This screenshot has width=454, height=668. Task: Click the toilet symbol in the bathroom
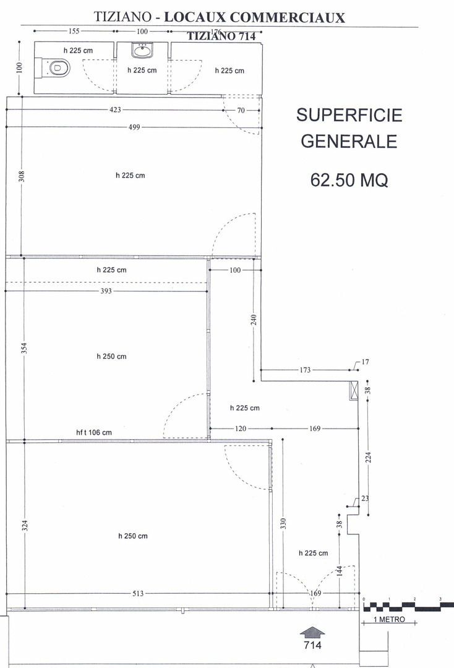click(56, 68)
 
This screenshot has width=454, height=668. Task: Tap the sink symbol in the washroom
click(142, 51)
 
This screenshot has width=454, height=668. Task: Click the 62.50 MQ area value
click(349, 180)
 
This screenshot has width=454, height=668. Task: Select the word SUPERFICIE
click(349, 115)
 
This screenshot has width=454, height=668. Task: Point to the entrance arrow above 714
click(312, 632)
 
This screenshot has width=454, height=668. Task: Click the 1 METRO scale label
click(389, 619)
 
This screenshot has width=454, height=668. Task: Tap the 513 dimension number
click(138, 593)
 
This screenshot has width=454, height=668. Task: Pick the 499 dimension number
click(134, 127)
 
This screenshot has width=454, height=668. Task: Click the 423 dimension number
click(116, 109)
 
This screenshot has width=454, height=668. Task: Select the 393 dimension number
click(106, 291)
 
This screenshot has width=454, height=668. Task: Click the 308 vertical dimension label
click(21, 176)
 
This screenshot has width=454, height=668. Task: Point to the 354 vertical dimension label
click(24, 348)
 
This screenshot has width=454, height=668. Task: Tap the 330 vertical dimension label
click(283, 523)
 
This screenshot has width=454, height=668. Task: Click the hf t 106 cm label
click(94, 432)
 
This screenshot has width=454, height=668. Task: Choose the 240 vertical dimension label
click(254, 320)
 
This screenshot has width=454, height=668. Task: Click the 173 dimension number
click(306, 370)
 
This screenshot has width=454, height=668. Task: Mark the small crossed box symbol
click(354, 391)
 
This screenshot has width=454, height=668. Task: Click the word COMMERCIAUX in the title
click(287, 17)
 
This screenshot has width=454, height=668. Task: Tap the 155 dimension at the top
click(74, 31)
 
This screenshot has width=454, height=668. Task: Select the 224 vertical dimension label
click(369, 457)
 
